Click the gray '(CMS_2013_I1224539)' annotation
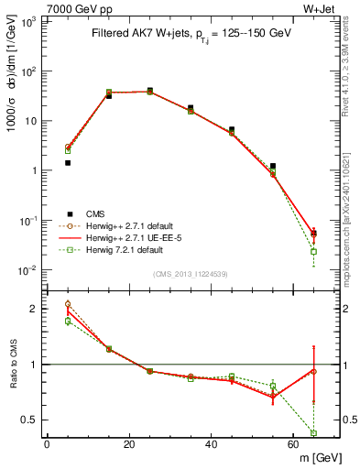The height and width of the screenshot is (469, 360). [191, 272]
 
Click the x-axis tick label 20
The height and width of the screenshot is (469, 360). [128, 444]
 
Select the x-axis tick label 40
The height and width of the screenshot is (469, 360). [211, 444]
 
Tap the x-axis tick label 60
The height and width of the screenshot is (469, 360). [293, 444]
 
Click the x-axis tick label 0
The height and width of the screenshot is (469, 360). [47, 444]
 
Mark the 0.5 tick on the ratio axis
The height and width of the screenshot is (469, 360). [29, 420]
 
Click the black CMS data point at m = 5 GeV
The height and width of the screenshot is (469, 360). [68, 163]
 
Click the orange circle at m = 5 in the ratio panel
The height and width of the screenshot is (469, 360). [68, 304]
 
